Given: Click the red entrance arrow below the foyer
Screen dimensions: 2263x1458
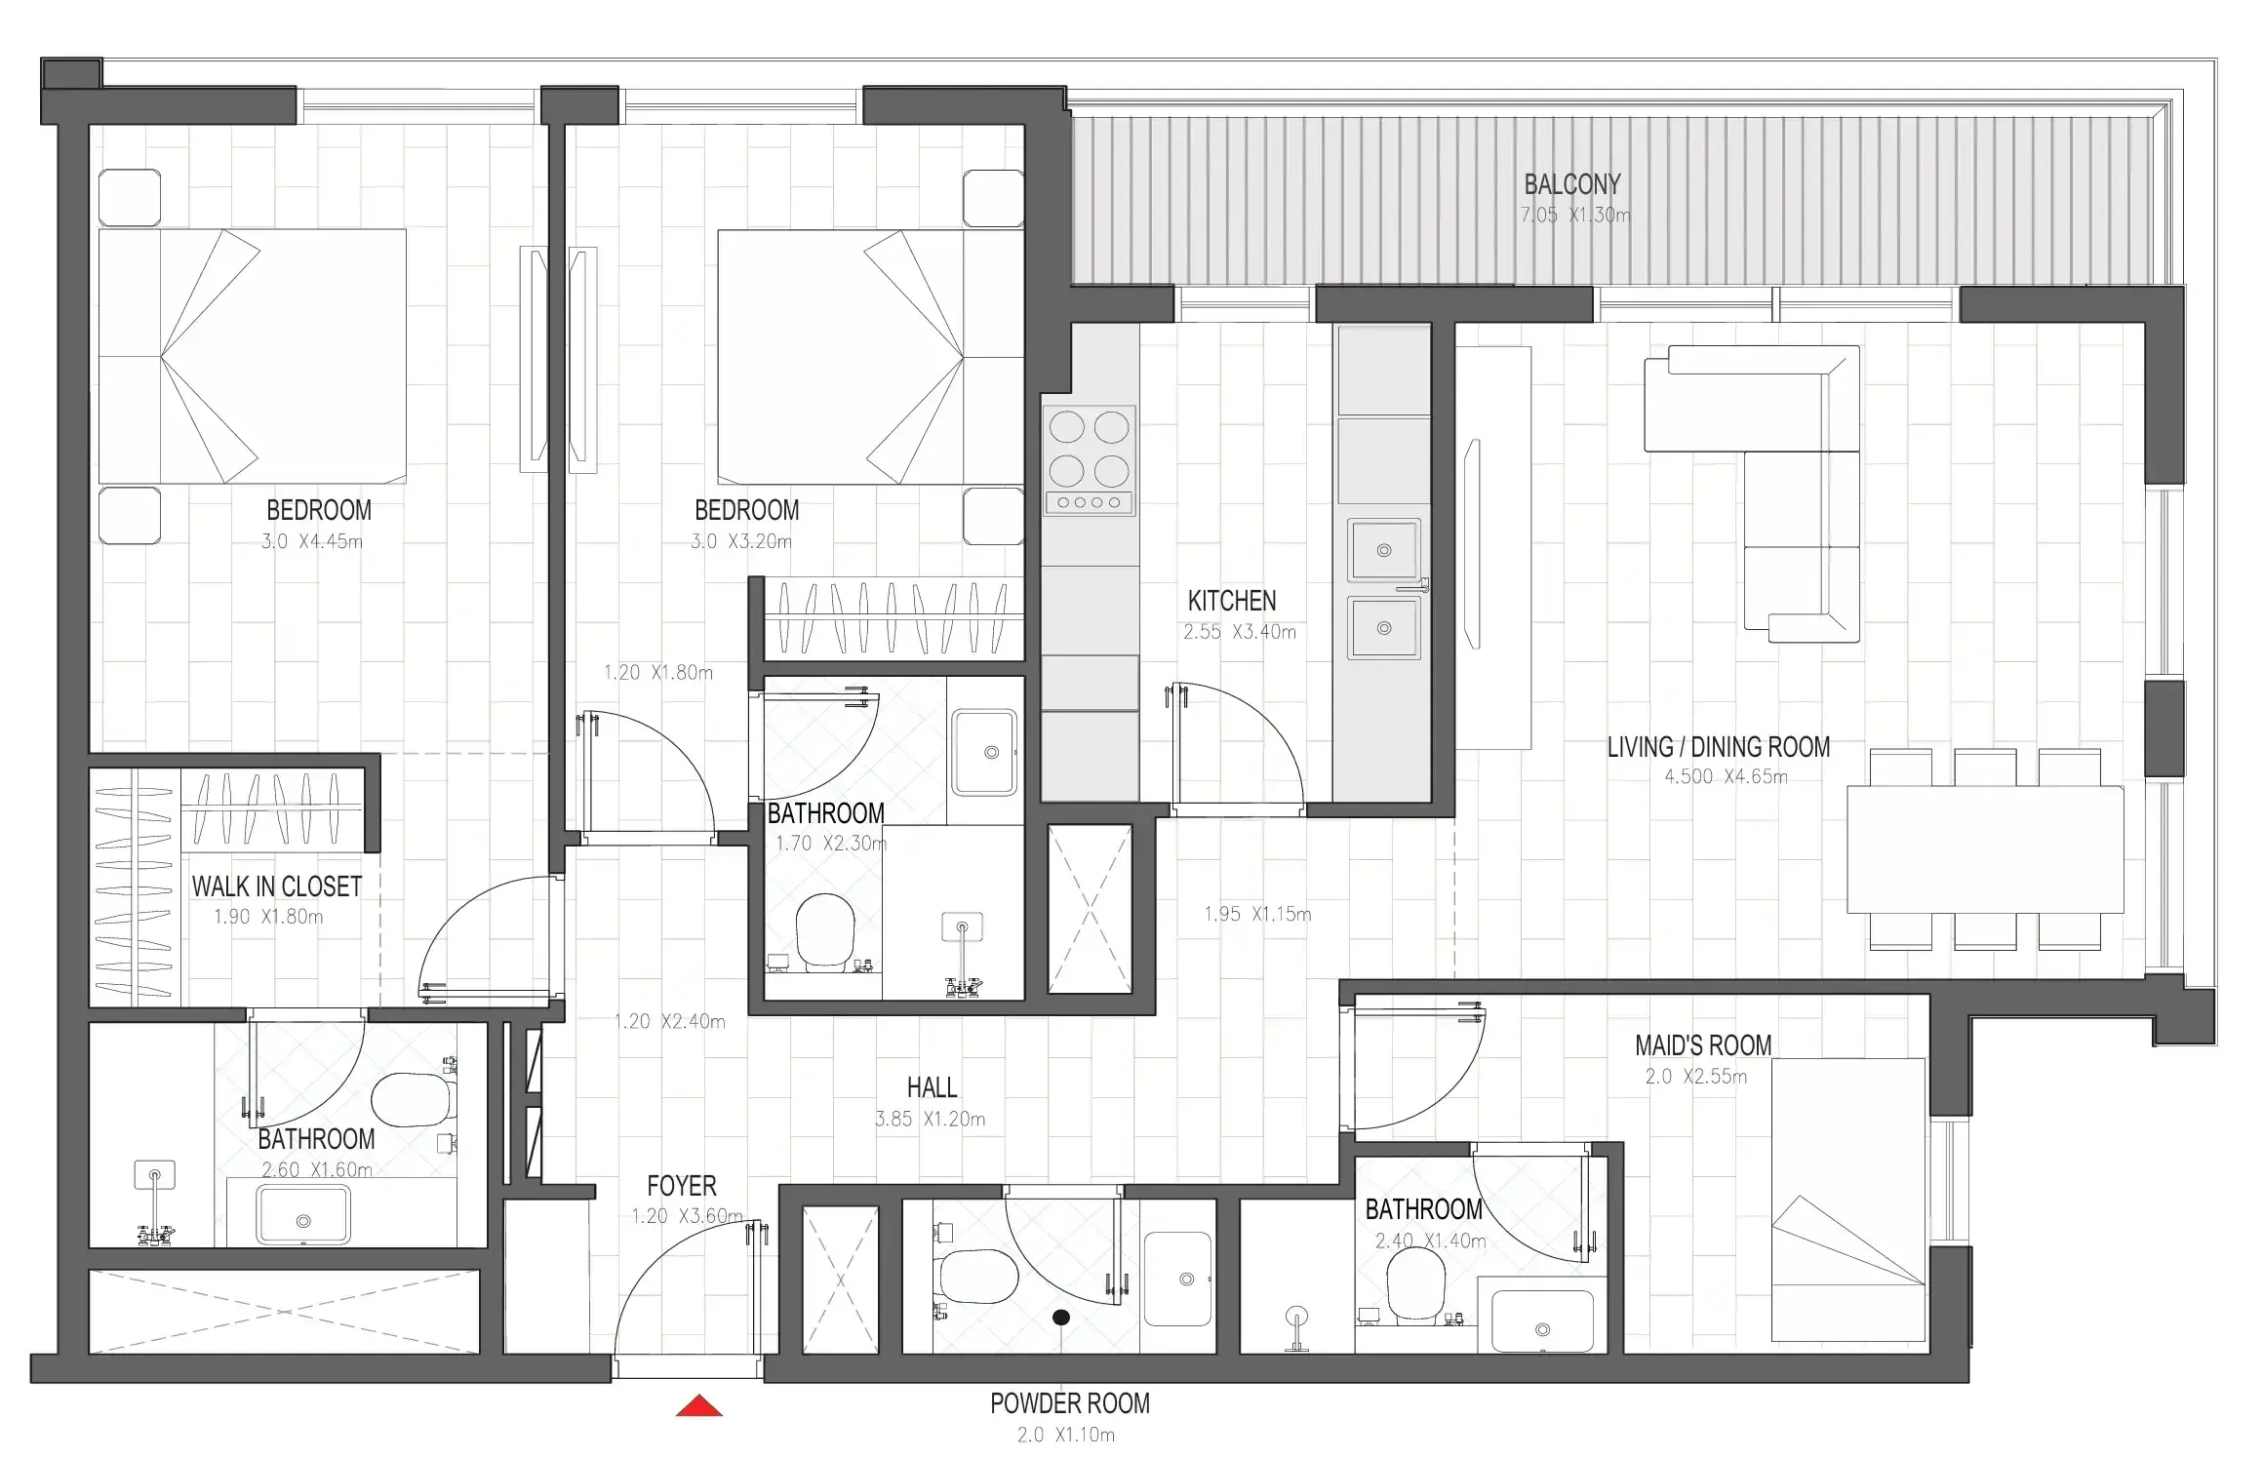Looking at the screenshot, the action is (x=699, y=1406).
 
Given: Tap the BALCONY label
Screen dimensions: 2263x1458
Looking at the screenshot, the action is (x=1572, y=184).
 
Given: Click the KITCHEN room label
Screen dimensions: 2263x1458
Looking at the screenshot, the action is (x=1231, y=601).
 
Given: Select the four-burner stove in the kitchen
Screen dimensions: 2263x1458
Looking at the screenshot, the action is (x=1089, y=460).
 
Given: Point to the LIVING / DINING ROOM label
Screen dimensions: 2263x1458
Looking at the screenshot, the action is (x=1719, y=747).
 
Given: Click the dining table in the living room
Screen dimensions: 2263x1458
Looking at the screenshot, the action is (x=1985, y=849).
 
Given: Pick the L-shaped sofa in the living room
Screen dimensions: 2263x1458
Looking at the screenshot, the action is (x=1753, y=493).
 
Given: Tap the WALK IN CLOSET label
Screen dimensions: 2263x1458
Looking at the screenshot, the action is (x=277, y=887).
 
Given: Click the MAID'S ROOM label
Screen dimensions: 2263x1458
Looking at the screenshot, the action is (x=1703, y=1045).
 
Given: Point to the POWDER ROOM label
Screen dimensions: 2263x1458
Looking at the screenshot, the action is (x=1070, y=1403).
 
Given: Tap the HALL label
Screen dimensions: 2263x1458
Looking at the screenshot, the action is (x=932, y=1087).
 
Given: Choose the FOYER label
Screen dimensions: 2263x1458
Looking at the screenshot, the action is (x=682, y=1186).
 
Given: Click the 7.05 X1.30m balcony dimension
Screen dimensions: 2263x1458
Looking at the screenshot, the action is (x=1574, y=216).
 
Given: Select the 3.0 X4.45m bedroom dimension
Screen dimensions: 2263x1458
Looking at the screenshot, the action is (x=312, y=541).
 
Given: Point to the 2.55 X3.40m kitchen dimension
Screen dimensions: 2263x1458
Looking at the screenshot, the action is (x=1240, y=632).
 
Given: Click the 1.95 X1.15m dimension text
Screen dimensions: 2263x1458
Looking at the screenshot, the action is (x=1257, y=915).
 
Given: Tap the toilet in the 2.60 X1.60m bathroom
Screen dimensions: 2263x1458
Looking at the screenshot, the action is (x=414, y=1100).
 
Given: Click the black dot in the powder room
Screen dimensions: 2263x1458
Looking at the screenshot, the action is (x=1061, y=1318).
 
